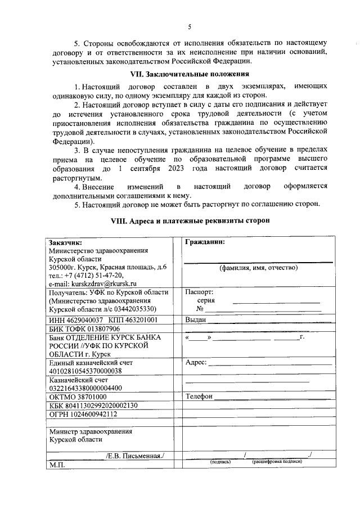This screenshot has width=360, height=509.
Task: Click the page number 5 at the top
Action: click(x=190, y=26)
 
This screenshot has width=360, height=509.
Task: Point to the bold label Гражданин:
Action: click(x=205, y=242)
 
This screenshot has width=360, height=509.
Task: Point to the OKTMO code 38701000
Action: click(x=92, y=397)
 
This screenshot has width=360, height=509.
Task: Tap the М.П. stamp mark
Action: click(x=57, y=466)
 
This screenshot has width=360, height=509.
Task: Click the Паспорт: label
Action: click(x=199, y=292)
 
